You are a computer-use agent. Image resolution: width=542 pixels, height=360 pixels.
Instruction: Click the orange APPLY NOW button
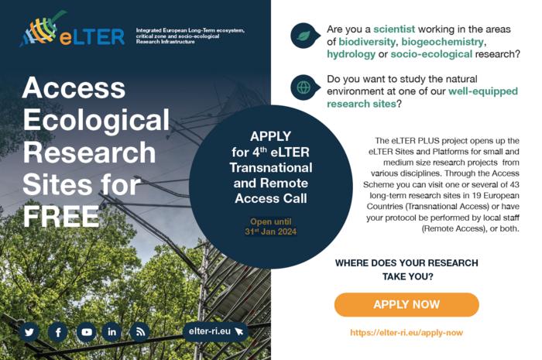click(x=406, y=304)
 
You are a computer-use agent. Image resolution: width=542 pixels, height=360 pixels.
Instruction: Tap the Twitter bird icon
click(x=30, y=332)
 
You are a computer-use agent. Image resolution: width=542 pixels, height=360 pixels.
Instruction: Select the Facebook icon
click(x=58, y=332)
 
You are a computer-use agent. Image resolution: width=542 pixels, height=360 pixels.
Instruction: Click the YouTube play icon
click(x=86, y=332)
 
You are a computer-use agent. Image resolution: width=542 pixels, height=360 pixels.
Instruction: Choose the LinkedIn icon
click(x=112, y=332)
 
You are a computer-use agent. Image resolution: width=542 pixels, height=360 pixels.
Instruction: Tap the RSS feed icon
click(x=139, y=332)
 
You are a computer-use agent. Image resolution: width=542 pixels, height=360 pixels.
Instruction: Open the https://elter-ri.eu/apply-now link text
click(x=406, y=332)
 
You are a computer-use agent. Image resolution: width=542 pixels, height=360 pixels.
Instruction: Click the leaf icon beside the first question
click(x=304, y=35)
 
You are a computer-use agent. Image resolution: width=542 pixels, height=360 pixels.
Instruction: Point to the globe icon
click(x=304, y=87)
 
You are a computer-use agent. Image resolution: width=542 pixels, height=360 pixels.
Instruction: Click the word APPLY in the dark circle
click(x=249, y=136)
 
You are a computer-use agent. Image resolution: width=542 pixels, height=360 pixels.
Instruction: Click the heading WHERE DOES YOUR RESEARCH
click(x=406, y=263)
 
